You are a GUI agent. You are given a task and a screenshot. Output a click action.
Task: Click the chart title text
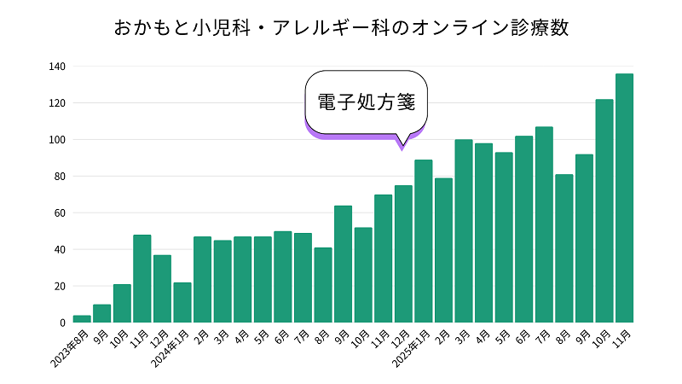coord(341,27)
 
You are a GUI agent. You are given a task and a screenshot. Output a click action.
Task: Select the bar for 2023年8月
coord(82,319)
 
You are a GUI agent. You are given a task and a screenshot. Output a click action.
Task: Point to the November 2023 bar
coord(142,278)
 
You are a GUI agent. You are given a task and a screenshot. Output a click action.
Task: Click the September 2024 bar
coord(343,264)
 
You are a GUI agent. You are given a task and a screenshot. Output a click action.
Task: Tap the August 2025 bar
coord(564,248)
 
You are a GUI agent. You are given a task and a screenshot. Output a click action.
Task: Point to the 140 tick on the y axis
coord(57,67)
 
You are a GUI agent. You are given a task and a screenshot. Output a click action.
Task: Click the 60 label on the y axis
coord(60,213)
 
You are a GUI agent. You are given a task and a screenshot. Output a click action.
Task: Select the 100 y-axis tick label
coord(57,140)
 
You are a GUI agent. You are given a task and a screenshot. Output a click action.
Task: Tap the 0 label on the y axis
coord(62,323)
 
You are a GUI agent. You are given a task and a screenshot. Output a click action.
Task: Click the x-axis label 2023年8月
coord(70,348)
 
